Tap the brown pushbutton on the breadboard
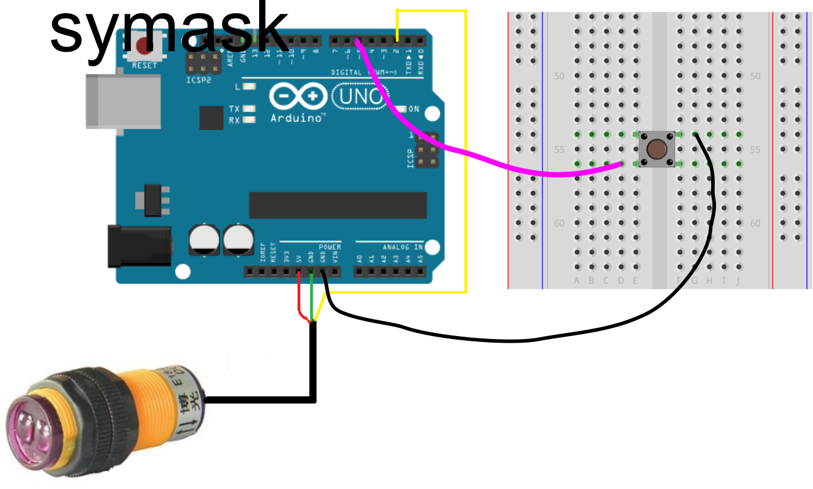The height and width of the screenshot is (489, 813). click(657, 149)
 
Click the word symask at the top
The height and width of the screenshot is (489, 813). click(169, 30)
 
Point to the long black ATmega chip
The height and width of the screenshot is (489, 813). click(337, 205)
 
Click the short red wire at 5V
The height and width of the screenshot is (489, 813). click(300, 301)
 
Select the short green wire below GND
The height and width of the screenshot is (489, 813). click(312, 301)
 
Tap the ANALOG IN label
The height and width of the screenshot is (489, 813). click(403, 247)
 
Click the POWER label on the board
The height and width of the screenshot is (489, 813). click(330, 247)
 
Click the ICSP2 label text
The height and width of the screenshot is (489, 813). click(199, 79)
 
